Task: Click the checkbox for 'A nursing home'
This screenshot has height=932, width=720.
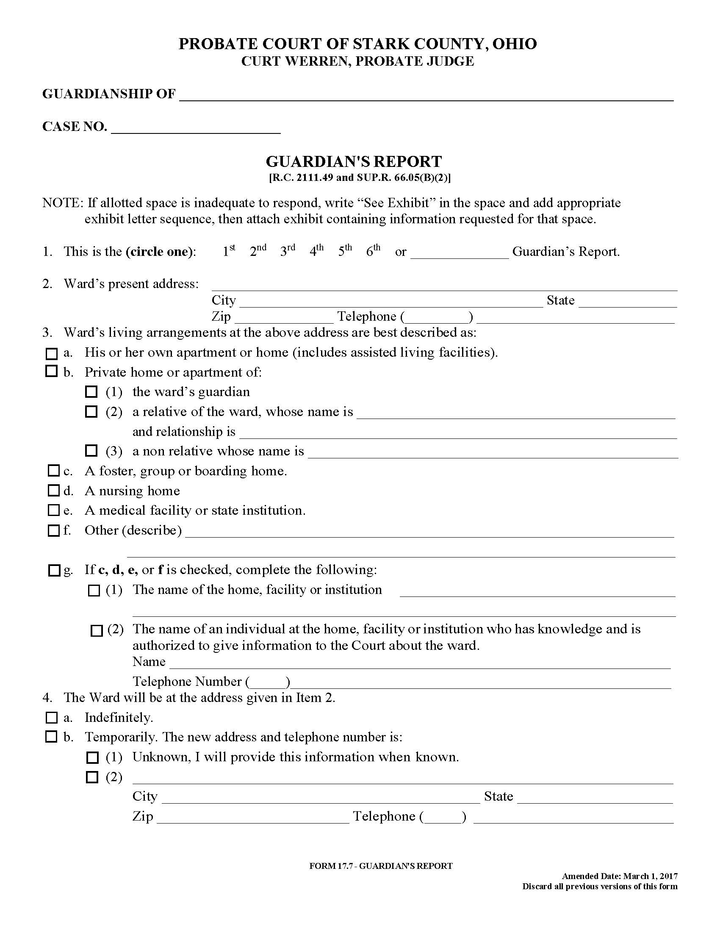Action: click(53, 491)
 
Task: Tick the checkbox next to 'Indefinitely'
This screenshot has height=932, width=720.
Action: click(51, 717)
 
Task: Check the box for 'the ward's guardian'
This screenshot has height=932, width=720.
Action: click(91, 391)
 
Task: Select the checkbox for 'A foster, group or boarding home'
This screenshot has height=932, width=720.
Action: click(53, 471)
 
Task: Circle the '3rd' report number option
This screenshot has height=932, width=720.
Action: click(287, 251)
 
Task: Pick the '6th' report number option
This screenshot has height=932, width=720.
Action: click(373, 251)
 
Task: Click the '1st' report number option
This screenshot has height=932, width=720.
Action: click(229, 251)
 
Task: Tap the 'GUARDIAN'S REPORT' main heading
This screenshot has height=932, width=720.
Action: click(354, 161)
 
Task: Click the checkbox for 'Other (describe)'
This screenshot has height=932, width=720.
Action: click(53, 530)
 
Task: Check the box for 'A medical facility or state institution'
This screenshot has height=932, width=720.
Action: click(53, 510)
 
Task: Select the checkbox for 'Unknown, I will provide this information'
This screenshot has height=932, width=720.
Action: click(92, 757)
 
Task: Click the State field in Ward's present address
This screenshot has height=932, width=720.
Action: click(627, 301)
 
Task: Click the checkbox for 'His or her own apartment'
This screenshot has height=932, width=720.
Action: click(51, 354)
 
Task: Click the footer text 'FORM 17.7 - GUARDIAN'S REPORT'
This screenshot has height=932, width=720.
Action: click(380, 866)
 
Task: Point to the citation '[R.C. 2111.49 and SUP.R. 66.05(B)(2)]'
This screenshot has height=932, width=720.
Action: click(359, 178)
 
